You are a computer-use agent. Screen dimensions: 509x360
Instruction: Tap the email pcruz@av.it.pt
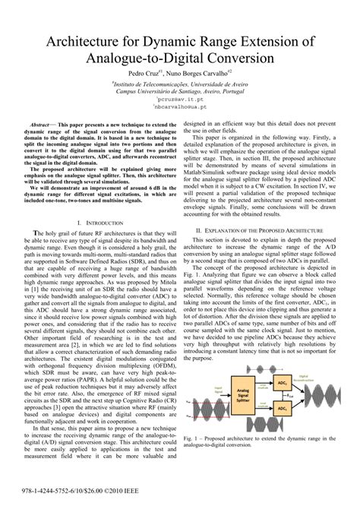(x=179, y=99)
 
